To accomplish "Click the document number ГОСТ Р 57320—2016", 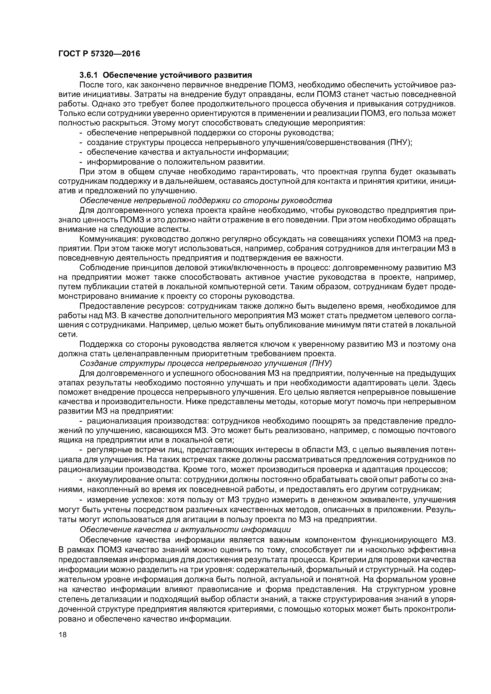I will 99,54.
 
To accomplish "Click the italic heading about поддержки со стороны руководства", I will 206,200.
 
